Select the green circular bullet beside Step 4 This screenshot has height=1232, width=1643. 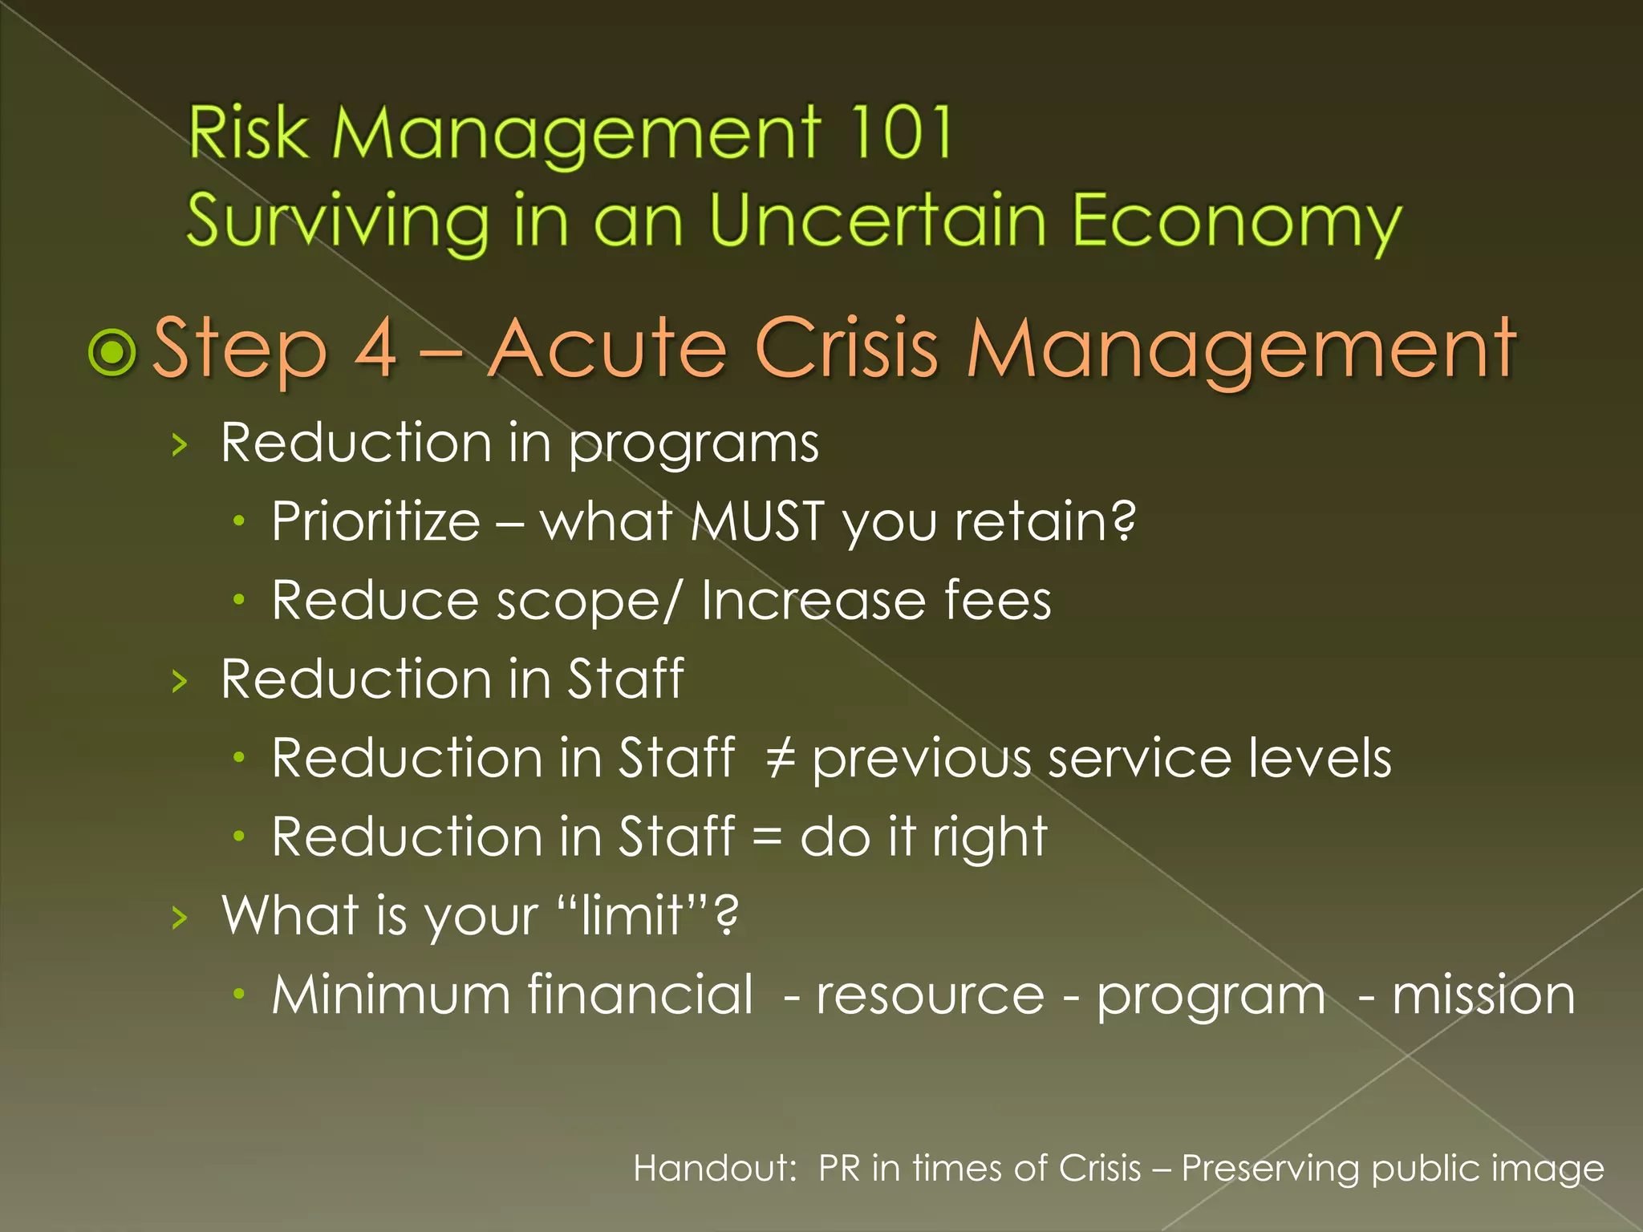[112, 351]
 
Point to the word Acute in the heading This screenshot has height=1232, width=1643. [607, 347]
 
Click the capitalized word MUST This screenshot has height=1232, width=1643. [757, 521]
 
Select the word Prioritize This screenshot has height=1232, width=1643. [375, 521]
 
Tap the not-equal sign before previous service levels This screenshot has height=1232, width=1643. [780, 758]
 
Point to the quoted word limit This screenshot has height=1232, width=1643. [631, 914]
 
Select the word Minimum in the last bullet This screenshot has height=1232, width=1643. [391, 995]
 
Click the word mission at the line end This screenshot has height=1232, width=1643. [1483, 995]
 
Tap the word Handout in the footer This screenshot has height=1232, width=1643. [713, 1168]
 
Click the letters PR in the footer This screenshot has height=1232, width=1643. [838, 1168]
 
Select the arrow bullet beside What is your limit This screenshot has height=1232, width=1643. [180, 917]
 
